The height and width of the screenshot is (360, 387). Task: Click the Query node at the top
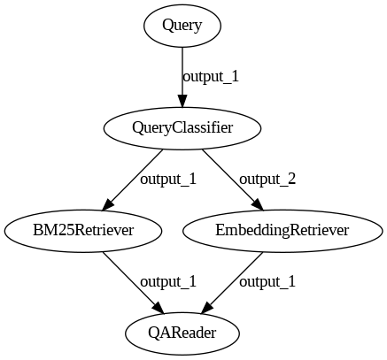(x=182, y=26)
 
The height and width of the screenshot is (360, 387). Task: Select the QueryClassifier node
(x=182, y=128)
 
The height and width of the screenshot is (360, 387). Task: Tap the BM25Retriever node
(x=83, y=231)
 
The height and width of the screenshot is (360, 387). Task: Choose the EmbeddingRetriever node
(x=283, y=231)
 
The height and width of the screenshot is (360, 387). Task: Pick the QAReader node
(x=182, y=333)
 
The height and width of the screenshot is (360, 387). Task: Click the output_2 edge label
(x=267, y=179)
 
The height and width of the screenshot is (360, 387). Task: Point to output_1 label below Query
(x=211, y=77)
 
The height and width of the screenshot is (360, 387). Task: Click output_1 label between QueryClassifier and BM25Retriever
(x=168, y=179)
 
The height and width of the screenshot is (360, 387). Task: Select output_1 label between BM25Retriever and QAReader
(x=168, y=281)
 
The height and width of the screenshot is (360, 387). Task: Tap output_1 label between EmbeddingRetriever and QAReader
(x=267, y=281)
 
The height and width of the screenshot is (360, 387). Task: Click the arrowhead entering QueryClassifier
(x=182, y=101)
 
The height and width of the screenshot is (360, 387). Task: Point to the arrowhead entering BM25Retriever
(x=107, y=205)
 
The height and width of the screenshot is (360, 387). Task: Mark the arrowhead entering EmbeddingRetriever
(x=258, y=205)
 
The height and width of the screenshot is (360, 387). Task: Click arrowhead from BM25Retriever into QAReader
(x=158, y=308)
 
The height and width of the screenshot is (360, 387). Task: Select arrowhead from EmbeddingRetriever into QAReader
(x=207, y=308)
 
